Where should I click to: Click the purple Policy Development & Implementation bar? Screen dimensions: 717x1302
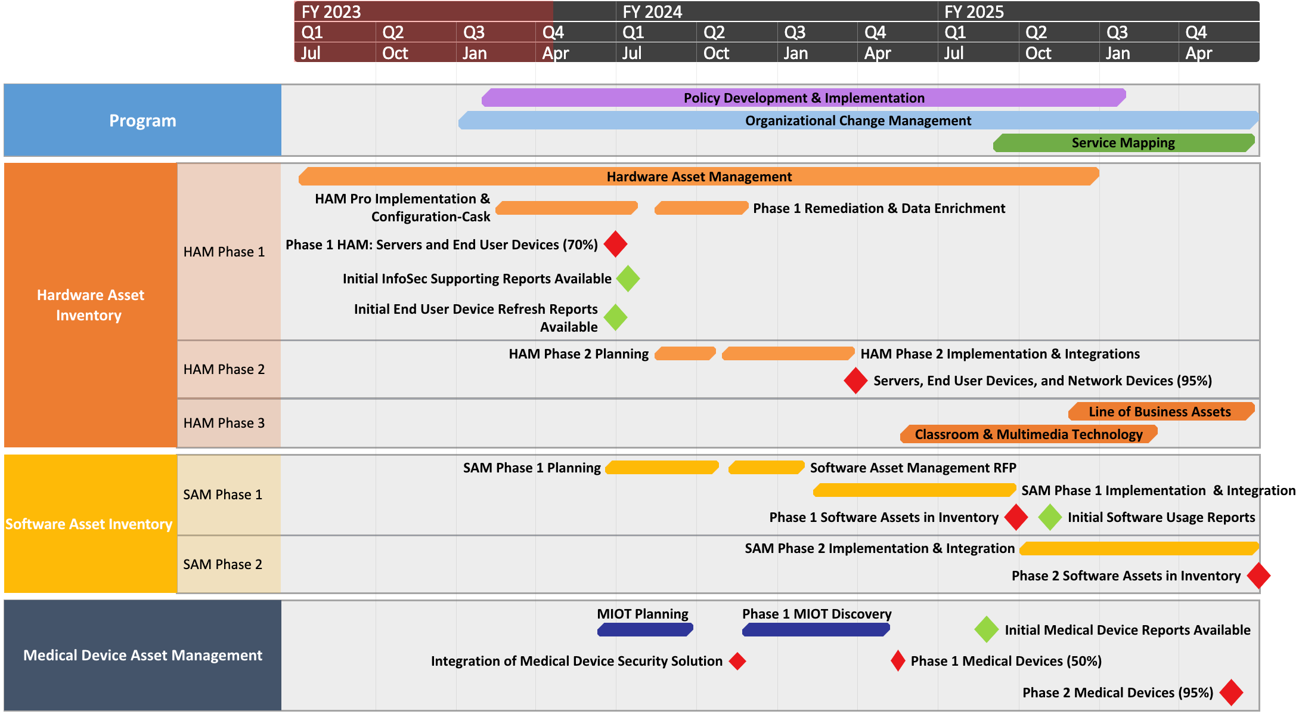(804, 98)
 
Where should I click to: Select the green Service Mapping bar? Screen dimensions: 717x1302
(1123, 143)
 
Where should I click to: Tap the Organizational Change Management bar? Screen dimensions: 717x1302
(858, 120)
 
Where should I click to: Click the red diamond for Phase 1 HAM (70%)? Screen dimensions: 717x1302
(615, 244)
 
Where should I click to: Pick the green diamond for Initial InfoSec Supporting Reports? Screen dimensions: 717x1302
(628, 279)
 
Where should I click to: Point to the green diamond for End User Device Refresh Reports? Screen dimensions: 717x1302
(615, 317)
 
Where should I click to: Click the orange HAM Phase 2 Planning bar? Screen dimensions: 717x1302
(685, 354)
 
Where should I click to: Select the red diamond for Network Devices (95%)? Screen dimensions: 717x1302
(855, 381)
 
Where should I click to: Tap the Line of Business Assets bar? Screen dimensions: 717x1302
(1161, 412)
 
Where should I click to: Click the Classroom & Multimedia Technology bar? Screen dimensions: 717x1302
(1028, 434)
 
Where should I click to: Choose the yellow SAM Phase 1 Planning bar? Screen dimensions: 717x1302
(662, 468)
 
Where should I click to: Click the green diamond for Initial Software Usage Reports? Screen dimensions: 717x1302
(1050, 517)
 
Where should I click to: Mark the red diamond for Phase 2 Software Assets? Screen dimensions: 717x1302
(1258, 576)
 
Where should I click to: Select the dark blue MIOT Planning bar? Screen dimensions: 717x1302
(644, 630)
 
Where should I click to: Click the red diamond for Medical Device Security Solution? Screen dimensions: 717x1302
(737, 661)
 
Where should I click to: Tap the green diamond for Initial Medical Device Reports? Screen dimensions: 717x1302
(987, 630)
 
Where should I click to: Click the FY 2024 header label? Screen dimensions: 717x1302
(652, 12)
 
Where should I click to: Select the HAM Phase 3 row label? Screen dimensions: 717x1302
(224, 423)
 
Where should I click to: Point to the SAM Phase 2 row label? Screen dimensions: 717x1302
(223, 564)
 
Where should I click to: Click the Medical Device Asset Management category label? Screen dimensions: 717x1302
(142, 655)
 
